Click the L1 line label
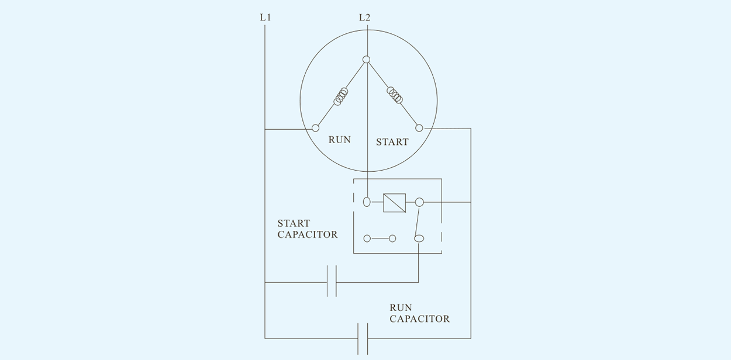pos(265,18)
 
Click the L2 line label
pos(364,18)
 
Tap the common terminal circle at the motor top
pos(367,60)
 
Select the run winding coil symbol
pos(341,96)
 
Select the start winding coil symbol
pos(395,95)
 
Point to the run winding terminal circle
pos(315,128)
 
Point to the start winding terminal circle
pos(419,128)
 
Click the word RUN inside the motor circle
pos(339,140)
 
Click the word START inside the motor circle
pos(392,142)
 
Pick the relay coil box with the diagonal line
pos(394,203)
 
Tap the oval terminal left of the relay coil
pos(367,202)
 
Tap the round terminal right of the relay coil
pos(419,202)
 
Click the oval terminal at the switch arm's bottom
pos(419,238)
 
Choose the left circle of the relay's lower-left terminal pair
pos(367,238)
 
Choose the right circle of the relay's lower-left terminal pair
pos(392,238)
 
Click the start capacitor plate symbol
pos(332,281)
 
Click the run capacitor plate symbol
pos(363,339)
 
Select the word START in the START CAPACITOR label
pos(294,223)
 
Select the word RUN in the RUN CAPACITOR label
pos(401,307)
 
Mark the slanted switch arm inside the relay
pos(417,221)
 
